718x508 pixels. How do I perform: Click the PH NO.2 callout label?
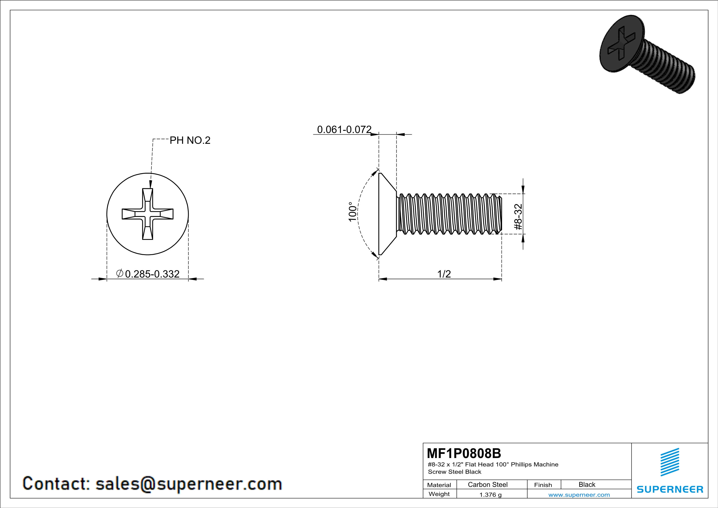[x=190, y=141]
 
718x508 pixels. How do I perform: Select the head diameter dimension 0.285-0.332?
[x=152, y=274]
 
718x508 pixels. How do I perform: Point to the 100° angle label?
[x=352, y=212]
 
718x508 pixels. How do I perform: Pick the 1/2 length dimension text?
[x=444, y=274]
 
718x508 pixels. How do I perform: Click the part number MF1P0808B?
[x=464, y=453]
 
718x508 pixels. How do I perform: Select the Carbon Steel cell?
[x=487, y=484]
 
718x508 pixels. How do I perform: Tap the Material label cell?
[x=439, y=485]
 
